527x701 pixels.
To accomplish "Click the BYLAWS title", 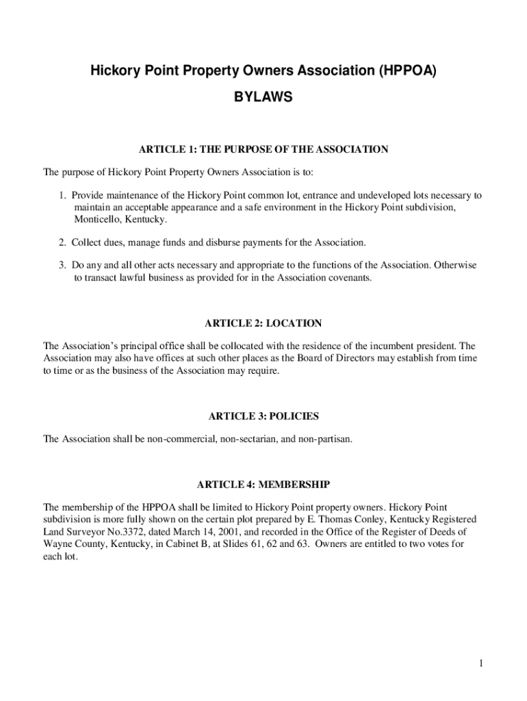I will tap(263, 98).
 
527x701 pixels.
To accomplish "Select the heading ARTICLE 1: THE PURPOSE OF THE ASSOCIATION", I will tap(263, 149).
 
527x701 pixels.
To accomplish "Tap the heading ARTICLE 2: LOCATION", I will tap(263, 323).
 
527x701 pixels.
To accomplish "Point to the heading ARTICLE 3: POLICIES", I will tap(263, 416).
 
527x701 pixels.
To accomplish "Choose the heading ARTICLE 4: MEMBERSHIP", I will tap(263, 485).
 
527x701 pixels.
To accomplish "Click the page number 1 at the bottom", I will tap(482, 663).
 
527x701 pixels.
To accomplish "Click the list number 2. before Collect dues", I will tap(62, 242).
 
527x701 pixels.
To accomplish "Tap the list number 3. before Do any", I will tap(62, 265).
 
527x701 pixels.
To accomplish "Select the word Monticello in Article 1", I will tap(97, 220).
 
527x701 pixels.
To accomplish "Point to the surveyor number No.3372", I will tap(111, 531).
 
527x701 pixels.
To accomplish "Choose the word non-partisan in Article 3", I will tap(324, 439).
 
